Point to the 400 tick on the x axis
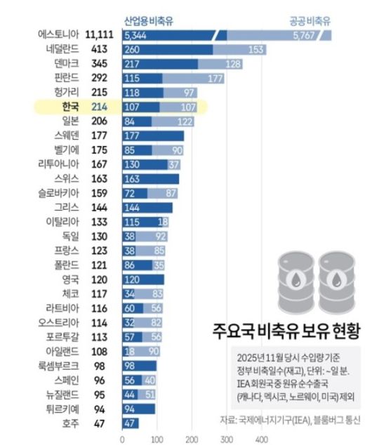[261, 439]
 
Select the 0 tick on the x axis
[123, 439]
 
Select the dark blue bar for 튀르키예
[138, 408]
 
